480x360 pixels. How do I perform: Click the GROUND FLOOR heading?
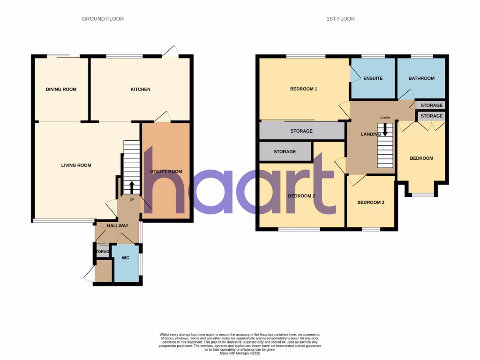click(x=103, y=19)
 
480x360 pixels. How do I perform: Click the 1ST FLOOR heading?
click(x=340, y=19)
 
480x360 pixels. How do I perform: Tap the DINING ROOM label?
click(x=61, y=90)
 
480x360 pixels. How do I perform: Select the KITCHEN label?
click(x=140, y=90)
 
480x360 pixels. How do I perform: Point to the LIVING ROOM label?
click(x=76, y=165)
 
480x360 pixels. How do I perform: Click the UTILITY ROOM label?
click(x=166, y=172)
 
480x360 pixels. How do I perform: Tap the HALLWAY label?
click(x=117, y=226)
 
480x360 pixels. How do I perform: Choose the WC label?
click(x=125, y=258)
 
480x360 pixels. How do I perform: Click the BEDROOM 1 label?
click(x=304, y=89)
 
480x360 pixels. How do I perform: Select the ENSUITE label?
click(x=373, y=78)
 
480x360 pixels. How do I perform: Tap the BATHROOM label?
click(x=421, y=78)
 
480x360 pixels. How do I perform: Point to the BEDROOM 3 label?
click(x=371, y=202)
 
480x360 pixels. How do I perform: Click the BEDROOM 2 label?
click(x=301, y=196)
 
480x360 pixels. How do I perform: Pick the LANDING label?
click(x=370, y=135)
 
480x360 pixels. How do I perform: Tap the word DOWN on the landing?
click(x=385, y=118)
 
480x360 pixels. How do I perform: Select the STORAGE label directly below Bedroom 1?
click(x=301, y=131)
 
